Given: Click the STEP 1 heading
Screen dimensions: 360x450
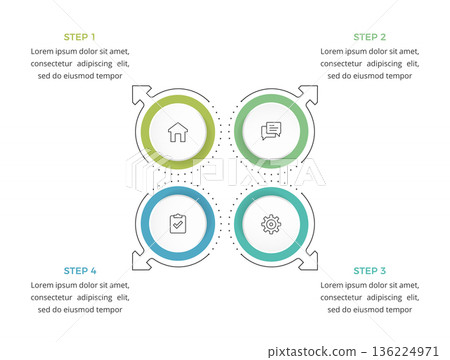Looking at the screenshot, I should click(x=80, y=36).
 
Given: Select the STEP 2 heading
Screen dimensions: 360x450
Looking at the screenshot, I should click(x=370, y=36).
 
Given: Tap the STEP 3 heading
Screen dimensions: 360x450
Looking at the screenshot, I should click(x=370, y=270).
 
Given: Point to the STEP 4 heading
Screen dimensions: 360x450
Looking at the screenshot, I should click(x=80, y=270).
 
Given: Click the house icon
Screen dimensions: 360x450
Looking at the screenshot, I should click(x=178, y=131).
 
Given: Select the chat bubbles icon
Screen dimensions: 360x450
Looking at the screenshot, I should click(x=271, y=131).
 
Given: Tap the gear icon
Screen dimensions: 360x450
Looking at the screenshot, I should click(x=271, y=224).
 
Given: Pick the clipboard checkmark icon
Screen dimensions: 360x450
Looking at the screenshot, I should click(x=178, y=224).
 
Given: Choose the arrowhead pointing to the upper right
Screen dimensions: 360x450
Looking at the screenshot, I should click(x=311, y=92).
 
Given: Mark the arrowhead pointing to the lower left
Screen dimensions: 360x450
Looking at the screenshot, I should click(x=138, y=263).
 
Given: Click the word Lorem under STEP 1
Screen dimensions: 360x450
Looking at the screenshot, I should click(x=44, y=50).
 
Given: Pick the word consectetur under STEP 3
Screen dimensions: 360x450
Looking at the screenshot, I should click(x=345, y=297).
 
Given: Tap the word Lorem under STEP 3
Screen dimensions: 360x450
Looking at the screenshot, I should click(x=334, y=285).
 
